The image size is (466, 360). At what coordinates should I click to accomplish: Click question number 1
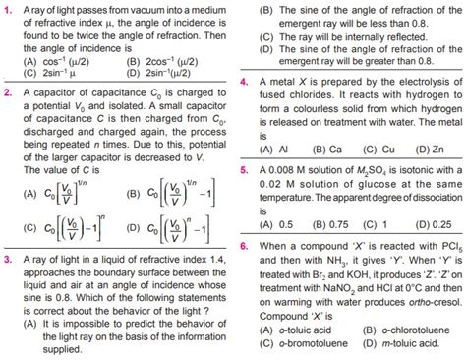(8, 8)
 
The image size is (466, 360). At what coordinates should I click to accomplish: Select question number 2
(8, 94)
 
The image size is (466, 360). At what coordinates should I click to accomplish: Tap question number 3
(8, 261)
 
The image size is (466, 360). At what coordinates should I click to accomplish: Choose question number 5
(244, 169)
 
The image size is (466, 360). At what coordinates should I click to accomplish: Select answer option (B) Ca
(308, 150)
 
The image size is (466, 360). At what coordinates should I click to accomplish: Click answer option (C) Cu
(357, 150)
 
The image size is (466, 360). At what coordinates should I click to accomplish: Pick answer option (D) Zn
(408, 150)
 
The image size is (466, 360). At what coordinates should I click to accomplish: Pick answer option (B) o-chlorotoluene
(403, 330)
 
